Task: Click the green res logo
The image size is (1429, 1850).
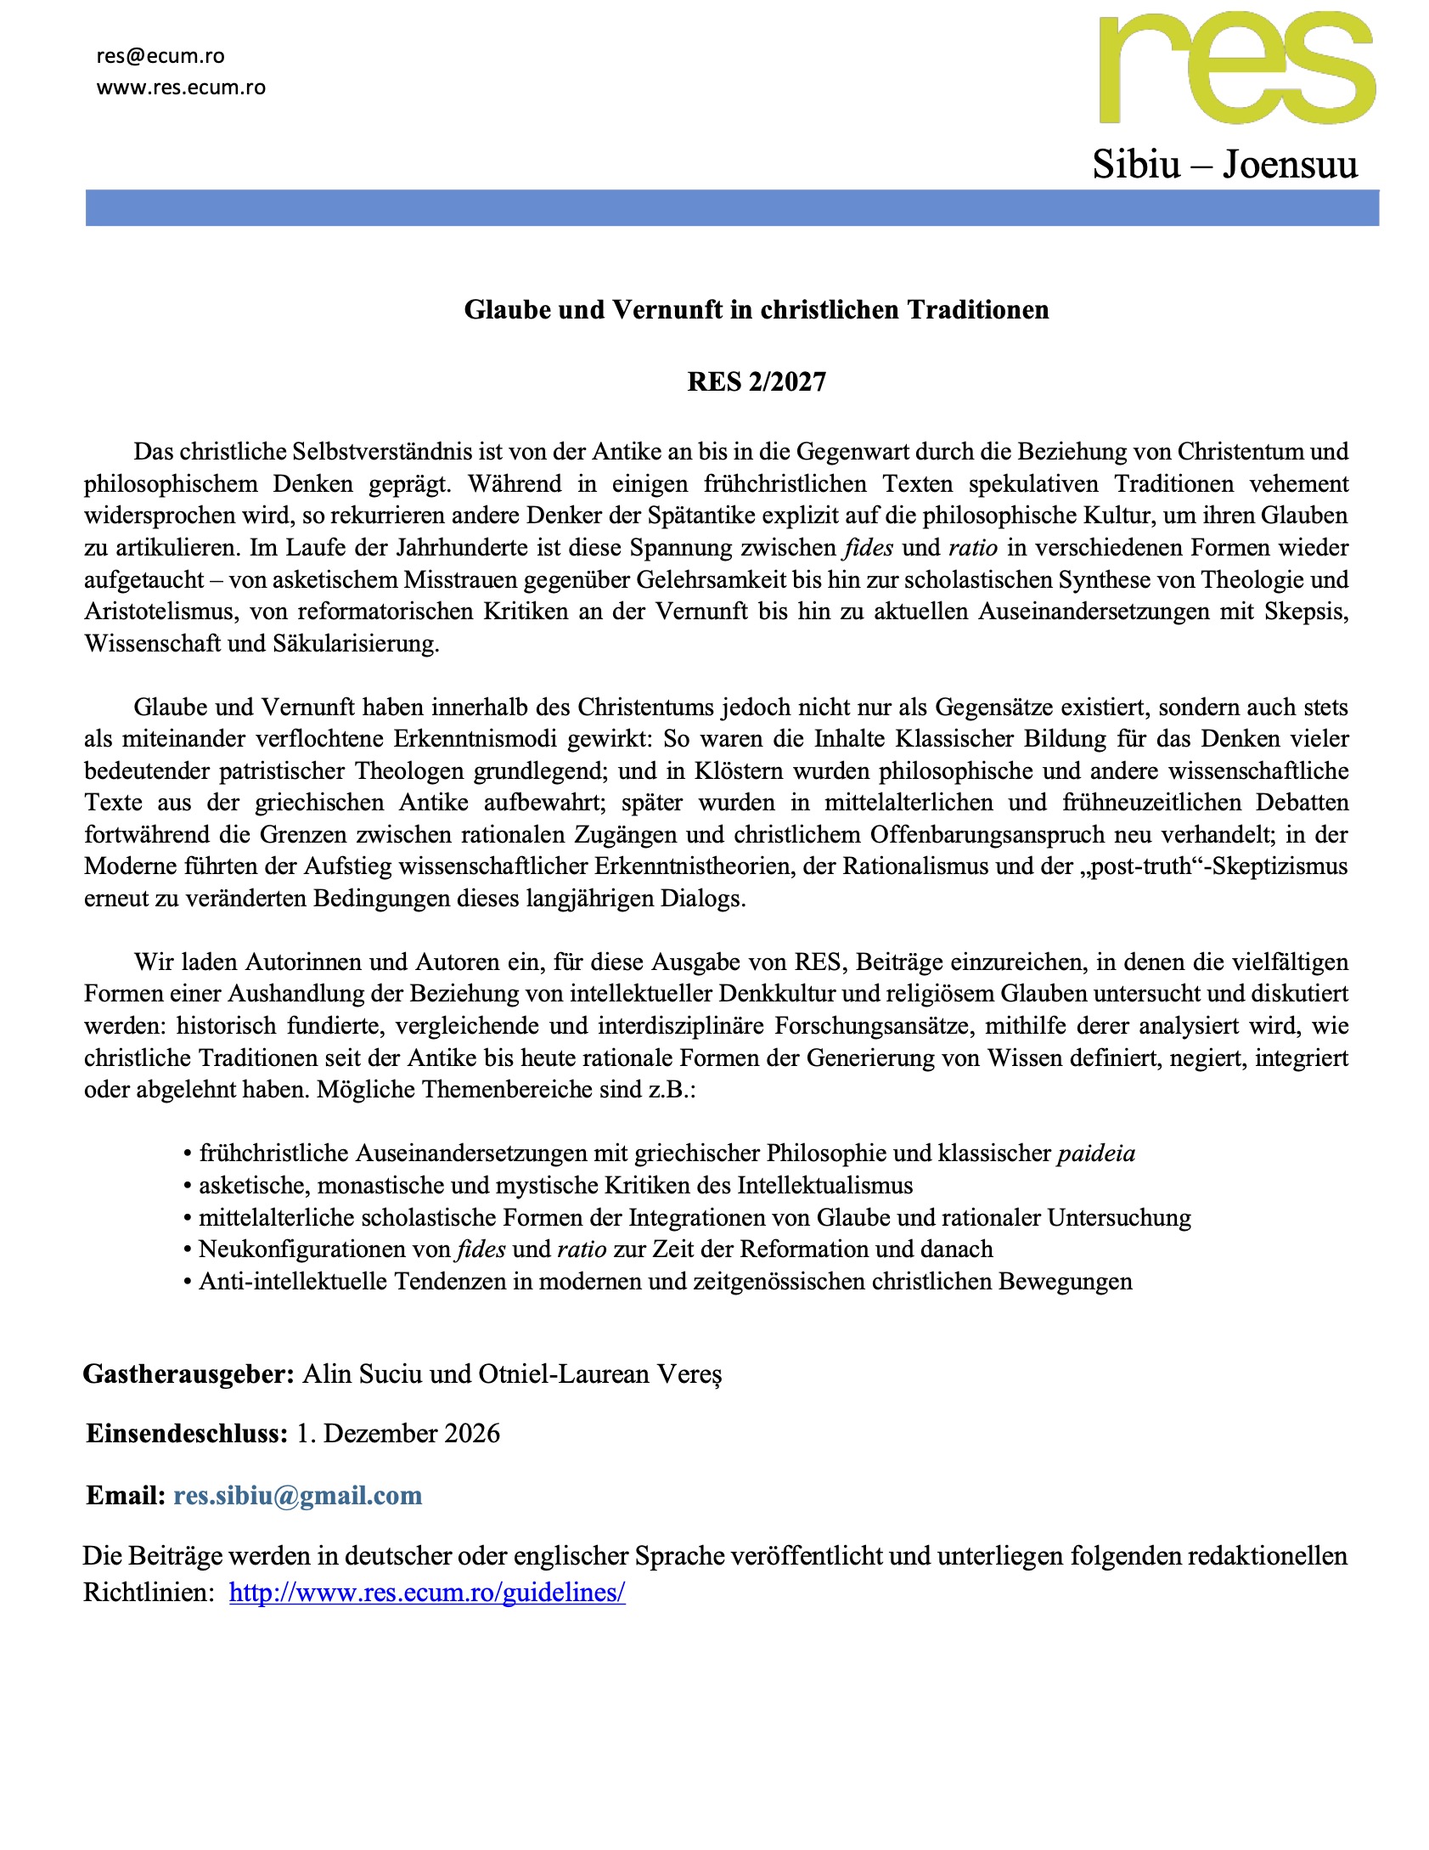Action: pyautogui.click(x=1236, y=70)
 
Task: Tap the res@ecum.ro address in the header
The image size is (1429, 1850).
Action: pyautogui.click(x=160, y=56)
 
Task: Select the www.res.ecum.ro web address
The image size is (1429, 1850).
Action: pyautogui.click(x=181, y=87)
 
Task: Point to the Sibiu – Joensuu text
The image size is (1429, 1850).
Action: pyautogui.click(x=1224, y=164)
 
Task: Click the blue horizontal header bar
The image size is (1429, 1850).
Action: pyautogui.click(x=731, y=208)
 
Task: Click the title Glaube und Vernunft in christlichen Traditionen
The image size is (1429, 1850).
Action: pyautogui.click(x=756, y=310)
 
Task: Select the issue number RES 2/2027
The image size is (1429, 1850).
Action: pyautogui.click(x=756, y=382)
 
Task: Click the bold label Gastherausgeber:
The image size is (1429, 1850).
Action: pyautogui.click(x=188, y=1373)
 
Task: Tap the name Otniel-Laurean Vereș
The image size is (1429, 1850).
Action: pyautogui.click(x=600, y=1373)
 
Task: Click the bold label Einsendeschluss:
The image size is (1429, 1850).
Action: pyautogui.click(x=188, y=1433)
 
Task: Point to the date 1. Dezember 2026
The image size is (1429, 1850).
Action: pyautogui.click(x=397, y=1433)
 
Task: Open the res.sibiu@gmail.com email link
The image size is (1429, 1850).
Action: pyautogui.click(x=297, y=1495)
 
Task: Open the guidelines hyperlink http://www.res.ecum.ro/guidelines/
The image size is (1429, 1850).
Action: pyautogui.click(x=427, y=1592)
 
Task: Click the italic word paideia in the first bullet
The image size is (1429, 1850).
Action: pyautogui.click(x=1095, y=1153)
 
